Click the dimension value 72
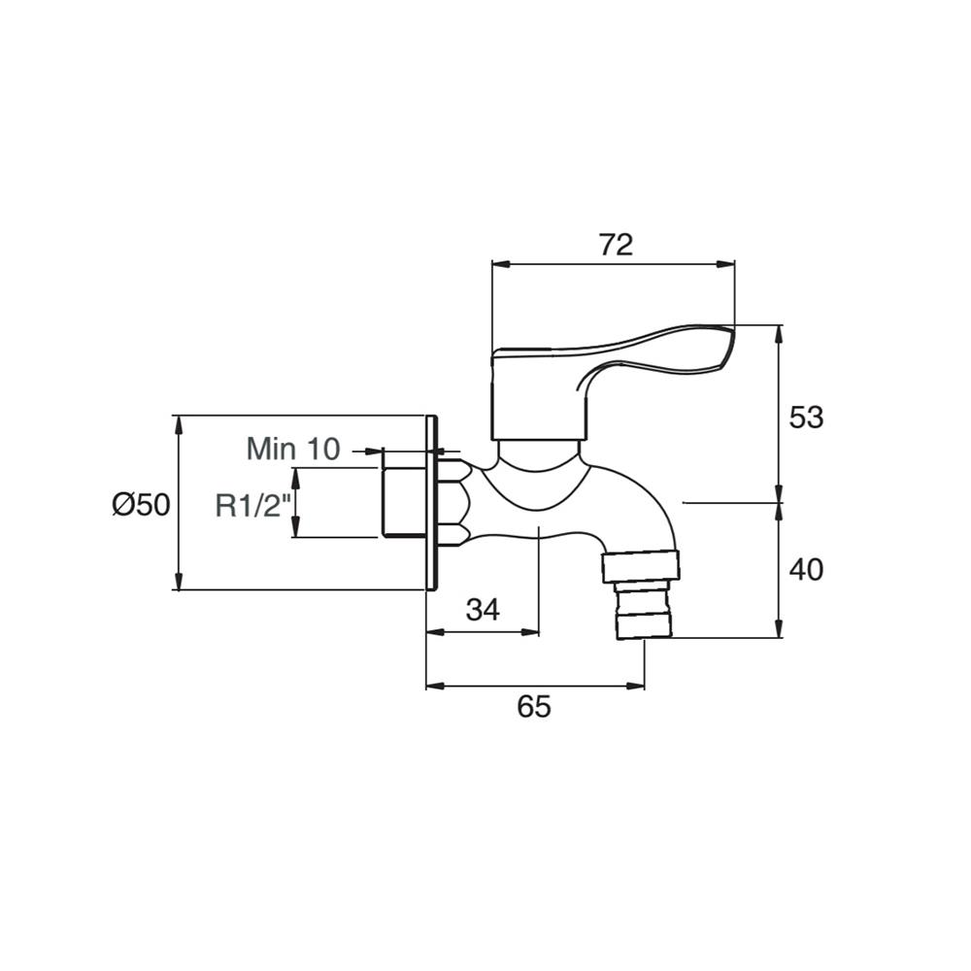[617, 245]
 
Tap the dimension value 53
[806, 418]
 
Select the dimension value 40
[806, 570]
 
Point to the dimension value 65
[534, 706]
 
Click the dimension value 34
[483, 610]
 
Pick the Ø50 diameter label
[141, 505]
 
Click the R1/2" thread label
[253, 505]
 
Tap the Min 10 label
[293, 449]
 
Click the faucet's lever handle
[613, 382]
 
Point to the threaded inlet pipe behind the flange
[403, 502]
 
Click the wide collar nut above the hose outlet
[641, 567]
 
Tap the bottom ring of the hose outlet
[643, 625]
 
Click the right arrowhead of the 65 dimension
[636, 686]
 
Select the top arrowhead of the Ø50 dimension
[179, 423]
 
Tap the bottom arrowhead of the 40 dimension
[779, 628]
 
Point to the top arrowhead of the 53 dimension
[779, 334]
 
